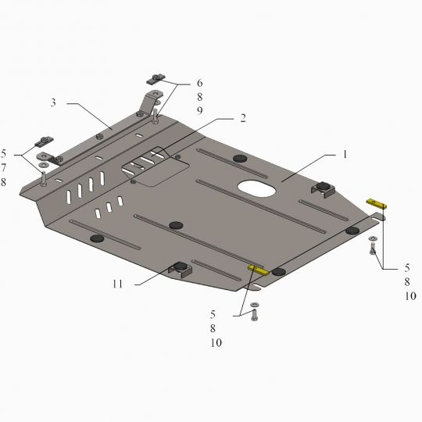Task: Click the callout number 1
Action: tap(345, 155)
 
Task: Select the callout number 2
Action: tap(243, 118)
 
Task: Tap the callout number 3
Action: tap(53, 102)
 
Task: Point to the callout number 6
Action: tap(199, 83)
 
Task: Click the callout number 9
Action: tap(199, 111)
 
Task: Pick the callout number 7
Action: tap(3, 168)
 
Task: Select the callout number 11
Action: tap(117, 284)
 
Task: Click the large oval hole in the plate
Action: tap(256, 188)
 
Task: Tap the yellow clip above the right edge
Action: tap(377, 204)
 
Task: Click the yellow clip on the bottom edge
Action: tap(258, 270)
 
